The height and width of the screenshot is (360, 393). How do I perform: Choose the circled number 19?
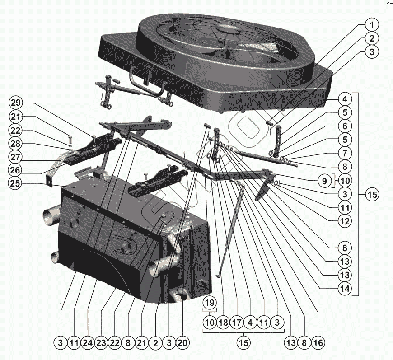[210, 302]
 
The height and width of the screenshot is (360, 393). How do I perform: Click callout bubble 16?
[318, 343]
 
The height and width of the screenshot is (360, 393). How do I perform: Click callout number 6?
[345, 126]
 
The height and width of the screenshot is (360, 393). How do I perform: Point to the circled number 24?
[88, 343]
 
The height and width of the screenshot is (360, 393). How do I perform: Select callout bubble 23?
[101, 343]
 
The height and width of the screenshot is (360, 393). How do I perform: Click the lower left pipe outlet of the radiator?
[55, 258]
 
